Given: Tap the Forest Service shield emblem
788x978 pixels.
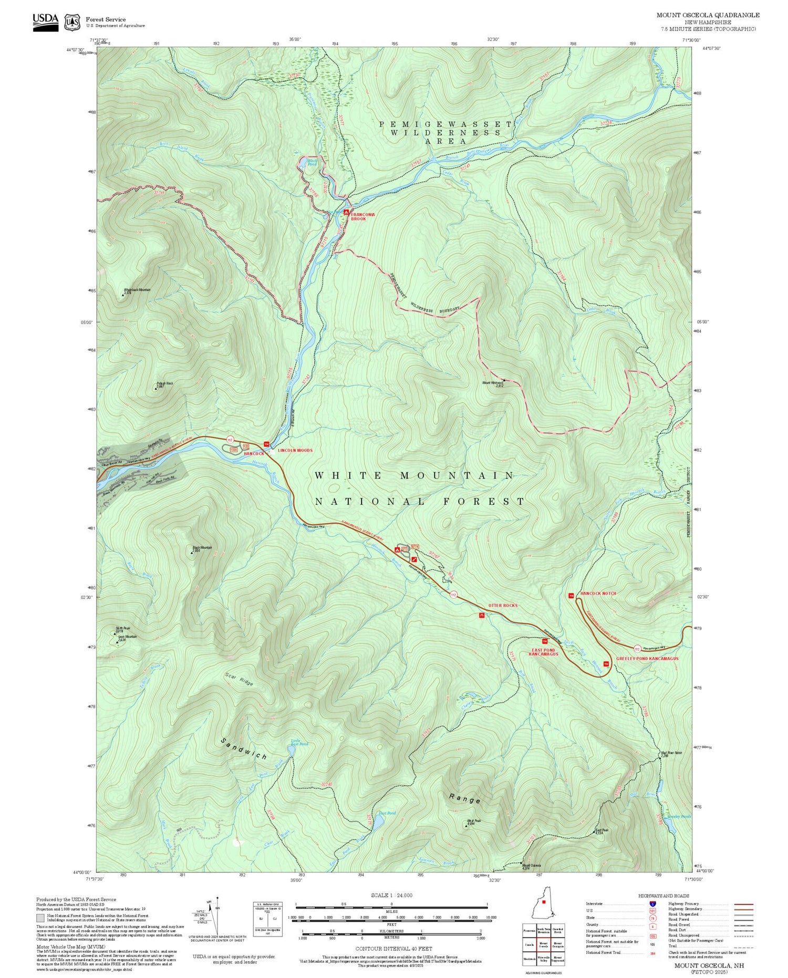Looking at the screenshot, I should click(x=72, y=22).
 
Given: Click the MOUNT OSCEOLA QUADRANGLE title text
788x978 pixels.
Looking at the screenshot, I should click(x=708, y=15).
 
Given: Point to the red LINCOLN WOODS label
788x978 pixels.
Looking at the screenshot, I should click(x=295, y=451).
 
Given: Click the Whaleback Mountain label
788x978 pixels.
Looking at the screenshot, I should click(x=137, y=290).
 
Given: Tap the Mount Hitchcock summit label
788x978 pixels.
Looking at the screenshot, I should click(x=493, y=383).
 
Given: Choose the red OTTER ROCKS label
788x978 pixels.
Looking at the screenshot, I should click(x=503, y=606).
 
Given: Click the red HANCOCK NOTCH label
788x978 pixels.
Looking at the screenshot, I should click(x=598, y=594).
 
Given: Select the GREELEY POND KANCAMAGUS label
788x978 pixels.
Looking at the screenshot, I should click(x=647, y=659).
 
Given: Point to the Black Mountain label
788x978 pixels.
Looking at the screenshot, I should click(x=202, y=548).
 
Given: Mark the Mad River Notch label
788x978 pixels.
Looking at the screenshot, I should click(x=671, y=753).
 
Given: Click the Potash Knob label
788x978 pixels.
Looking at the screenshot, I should click(x=164, y=384).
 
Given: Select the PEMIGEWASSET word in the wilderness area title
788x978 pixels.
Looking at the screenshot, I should click(x=445, y=124).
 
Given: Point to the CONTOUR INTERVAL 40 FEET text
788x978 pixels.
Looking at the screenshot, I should click(x=393, y=949).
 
